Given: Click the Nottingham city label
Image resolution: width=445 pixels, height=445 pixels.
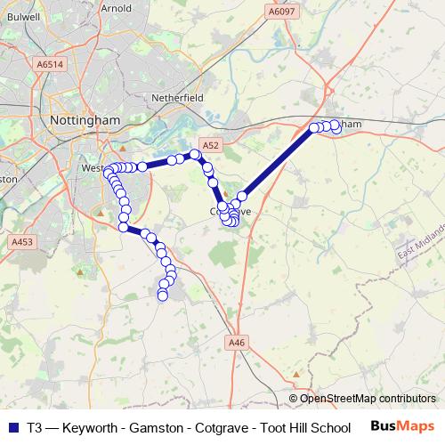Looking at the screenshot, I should point(86,118).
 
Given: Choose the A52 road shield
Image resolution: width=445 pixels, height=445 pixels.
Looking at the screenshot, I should point(210,144).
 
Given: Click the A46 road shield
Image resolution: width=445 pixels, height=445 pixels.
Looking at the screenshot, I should point(236,342).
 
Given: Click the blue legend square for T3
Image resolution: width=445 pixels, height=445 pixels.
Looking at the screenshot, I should point(12,427).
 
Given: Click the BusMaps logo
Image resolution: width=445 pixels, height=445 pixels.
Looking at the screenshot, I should point(401,426).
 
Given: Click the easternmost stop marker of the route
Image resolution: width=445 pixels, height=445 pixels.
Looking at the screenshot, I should point(336,128).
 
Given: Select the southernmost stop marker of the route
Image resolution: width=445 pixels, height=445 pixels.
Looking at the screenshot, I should point(162,295).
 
